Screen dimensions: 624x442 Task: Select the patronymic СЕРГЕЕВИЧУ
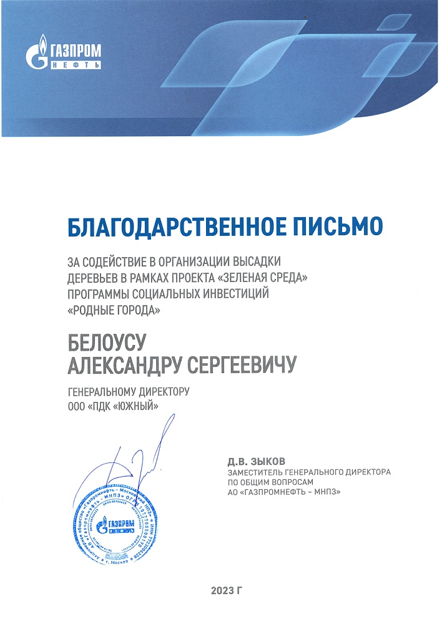tap(248, 366)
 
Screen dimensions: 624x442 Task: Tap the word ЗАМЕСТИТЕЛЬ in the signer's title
tap(257, 472)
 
